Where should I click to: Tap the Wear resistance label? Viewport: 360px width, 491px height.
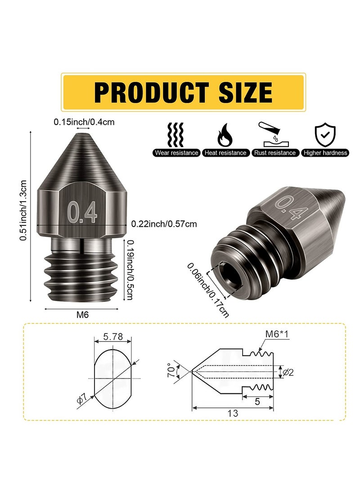[x=176, y=153]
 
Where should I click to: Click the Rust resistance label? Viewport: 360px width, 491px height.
[x=275, y=153]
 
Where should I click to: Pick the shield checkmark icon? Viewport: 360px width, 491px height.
[x=325, y=134]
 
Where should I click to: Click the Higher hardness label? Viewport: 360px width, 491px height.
[x=325, y=153]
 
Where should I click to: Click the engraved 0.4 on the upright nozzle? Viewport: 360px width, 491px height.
[x=82, y=213]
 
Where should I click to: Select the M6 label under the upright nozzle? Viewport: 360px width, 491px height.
[x=82, y=315]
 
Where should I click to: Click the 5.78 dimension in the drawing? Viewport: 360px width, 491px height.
[x=112, y=336]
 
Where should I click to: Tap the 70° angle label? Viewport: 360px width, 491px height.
[x=169, y=370]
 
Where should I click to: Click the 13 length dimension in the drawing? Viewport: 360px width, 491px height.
[x=233, y=413]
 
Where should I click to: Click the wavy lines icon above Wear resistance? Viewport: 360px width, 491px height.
[x=176, y=134]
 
